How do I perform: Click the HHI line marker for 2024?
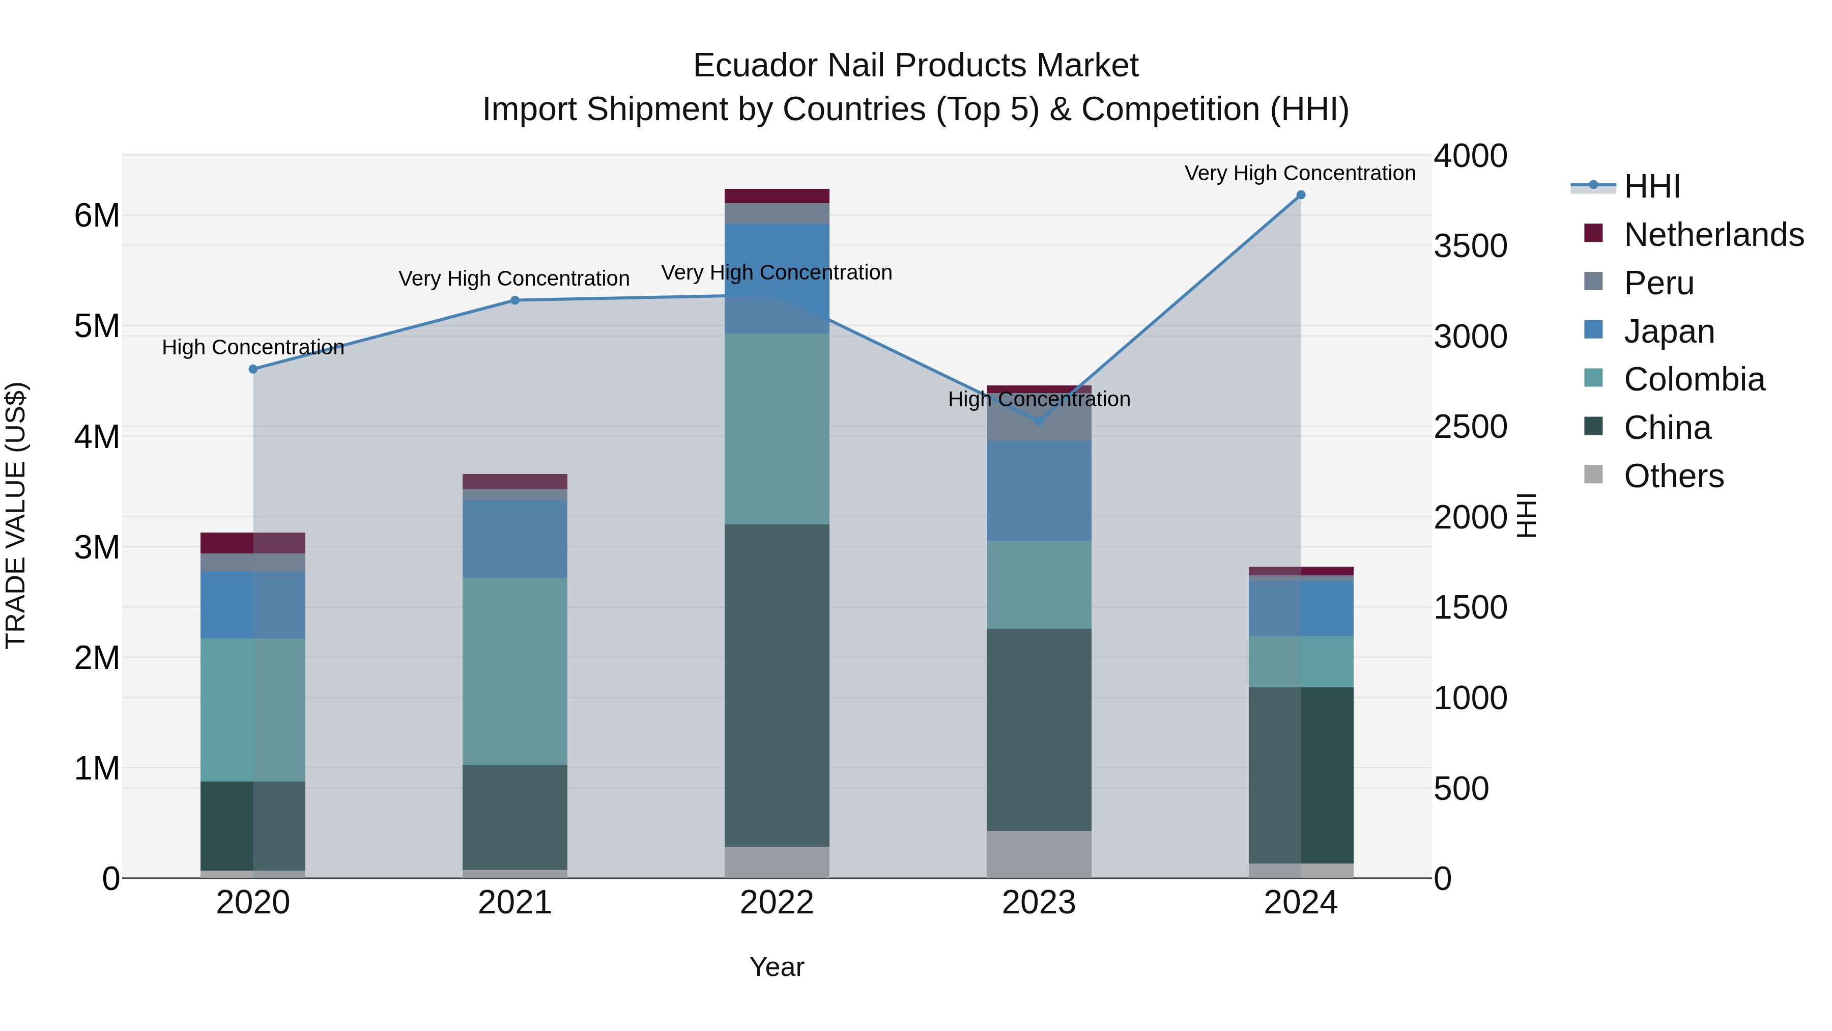click(1301, 195)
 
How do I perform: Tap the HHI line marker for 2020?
click(253, 369)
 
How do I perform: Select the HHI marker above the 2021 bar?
click(515, 300)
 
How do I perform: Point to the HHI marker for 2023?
click(1038, 421)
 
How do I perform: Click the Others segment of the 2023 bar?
click(1038, 854)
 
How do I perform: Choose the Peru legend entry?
click(1658, 283)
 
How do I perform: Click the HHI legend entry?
click(1651, 186)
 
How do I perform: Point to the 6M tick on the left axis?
click(97, 215)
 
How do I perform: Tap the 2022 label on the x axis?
click(777, 903)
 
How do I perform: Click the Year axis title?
click(777, 967)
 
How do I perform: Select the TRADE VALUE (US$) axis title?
click(16, 515)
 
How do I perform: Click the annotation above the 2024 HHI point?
click(1299, 173)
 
